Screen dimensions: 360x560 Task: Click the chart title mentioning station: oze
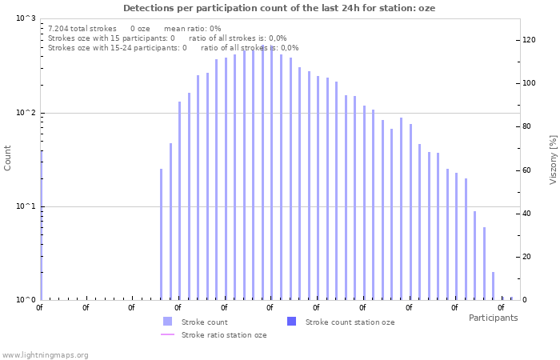point(279,7)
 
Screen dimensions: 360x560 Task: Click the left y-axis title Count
point(8,158)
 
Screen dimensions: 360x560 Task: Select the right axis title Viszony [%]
point(552,159)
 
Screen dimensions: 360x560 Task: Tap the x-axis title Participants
point(493,318)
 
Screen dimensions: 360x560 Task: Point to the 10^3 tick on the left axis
point(26,18)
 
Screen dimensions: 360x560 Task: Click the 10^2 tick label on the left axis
point(26,113)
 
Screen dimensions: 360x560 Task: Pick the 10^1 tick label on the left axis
point(26,206)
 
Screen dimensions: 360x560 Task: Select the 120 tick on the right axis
point(529,40)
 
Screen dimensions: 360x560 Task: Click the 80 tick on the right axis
point(527,126)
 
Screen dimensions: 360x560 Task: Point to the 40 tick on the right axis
point(527,214)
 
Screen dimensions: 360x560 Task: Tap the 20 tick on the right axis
point(527,257)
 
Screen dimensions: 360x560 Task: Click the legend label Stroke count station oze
point(350,322)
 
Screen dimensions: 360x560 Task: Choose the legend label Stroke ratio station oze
point(224,335)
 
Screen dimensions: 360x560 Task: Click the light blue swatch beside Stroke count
point(167,322)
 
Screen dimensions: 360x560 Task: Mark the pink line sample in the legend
point(167,335)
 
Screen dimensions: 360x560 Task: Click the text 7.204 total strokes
point(82,28)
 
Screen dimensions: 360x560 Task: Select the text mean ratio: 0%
point(192,28)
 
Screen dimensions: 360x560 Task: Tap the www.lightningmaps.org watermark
point(45,354)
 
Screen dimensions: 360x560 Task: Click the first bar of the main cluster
point(161,234)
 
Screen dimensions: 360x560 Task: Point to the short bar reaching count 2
point(493,286)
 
